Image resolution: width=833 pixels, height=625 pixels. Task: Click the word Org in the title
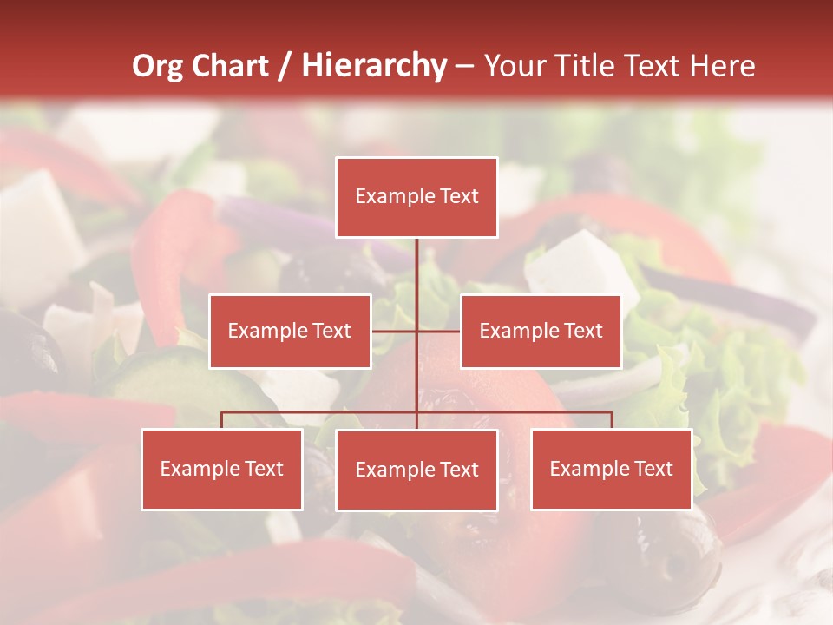tap(157, 66)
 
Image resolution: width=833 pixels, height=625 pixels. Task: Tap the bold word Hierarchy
tap(374, 66)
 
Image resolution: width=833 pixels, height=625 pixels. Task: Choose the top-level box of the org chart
tap(416, 197)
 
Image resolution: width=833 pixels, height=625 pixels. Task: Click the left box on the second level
tap(290, 331)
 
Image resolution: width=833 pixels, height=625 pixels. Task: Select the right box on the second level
tap(541, 331)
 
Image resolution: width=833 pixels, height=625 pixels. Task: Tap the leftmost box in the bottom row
tap(222, 469)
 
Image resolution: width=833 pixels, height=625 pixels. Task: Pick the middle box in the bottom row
tap(416, 470)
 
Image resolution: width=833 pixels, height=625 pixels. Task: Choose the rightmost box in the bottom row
tap(611, 469)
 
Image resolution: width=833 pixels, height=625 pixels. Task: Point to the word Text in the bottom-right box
tap(653, 469)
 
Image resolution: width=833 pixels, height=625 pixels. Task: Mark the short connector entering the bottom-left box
tap(222, 420)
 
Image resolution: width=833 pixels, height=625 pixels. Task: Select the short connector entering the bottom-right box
tap(611, 420)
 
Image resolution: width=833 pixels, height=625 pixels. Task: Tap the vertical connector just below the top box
tap(416, 260)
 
